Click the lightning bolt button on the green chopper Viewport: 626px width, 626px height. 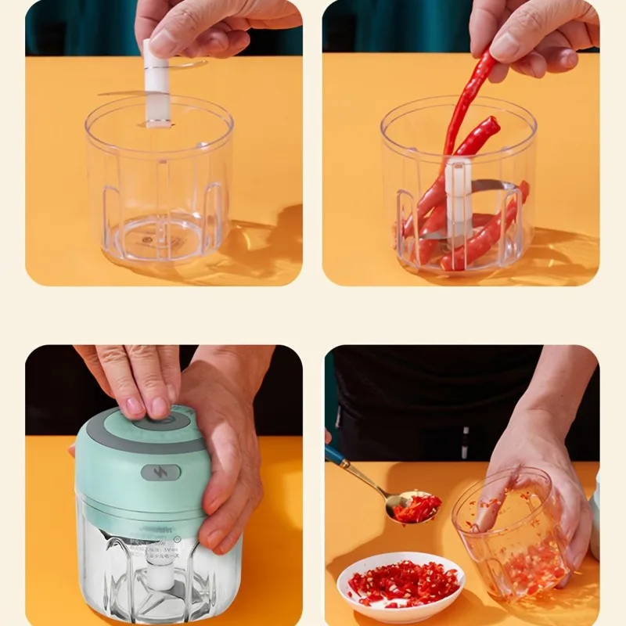[160, 473]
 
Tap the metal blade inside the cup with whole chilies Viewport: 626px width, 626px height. [493, 188]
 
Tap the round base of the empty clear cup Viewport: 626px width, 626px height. [160, 235]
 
